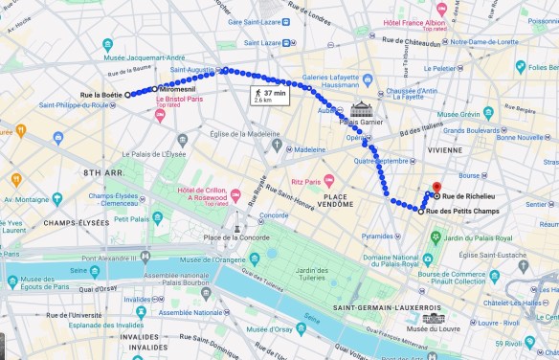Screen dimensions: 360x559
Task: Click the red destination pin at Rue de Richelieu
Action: click(x=436, y=189)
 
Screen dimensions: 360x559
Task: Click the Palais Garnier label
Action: click(x=361, y=122)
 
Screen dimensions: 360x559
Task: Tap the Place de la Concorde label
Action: click(x=237, y=237)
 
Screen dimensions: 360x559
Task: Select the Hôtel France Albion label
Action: click(x=414, y=22)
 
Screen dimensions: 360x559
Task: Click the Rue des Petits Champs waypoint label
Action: click(x=460, y=212)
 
